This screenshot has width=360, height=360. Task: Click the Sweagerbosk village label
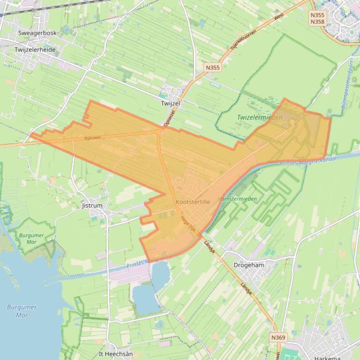tap(37, 33)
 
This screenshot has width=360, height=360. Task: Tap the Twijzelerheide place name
tap(35, 50)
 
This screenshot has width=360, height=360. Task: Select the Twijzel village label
tap(170, 103)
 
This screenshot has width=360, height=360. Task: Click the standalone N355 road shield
tap(213, 68)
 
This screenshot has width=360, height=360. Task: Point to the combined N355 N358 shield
tap(317, 18)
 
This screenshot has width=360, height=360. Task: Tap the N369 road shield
tap(278, 337)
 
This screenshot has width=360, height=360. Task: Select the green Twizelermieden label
tap(259, 117)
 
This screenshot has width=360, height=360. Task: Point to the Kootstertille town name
tap(192, 202)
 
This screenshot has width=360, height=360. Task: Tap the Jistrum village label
tap(92, 206)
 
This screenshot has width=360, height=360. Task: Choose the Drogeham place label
tap(249, 265)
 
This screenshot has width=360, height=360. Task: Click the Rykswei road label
tap(93, 138)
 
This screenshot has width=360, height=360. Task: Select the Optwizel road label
tap(169, 118)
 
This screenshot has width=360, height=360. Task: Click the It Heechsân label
tap(116, 354)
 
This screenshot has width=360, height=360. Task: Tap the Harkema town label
tap(328, 358)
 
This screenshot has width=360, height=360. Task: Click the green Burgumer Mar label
tap(32, 238)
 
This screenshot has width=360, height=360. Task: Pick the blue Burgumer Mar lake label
tap(22, 311)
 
